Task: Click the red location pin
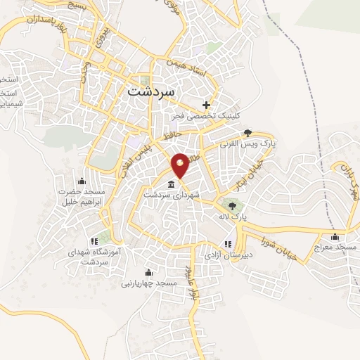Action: (x=181, y=165)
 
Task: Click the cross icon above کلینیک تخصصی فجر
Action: (x=206, y=105)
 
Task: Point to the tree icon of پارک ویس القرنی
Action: (x=247, y=132)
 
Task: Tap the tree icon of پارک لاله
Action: (x=233, y=205)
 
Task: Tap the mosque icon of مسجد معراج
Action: (x=335, y=236)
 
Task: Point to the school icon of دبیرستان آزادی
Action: (x=226, y=244)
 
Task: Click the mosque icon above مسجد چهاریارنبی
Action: (x=148, y=272)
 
